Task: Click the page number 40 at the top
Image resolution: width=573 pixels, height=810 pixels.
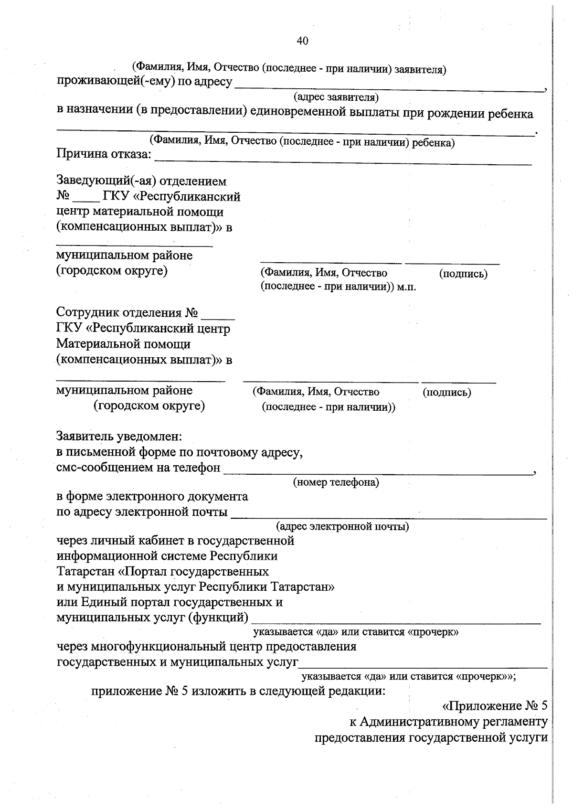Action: pos(302,41)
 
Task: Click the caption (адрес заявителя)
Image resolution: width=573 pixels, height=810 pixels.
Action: pos(336,98)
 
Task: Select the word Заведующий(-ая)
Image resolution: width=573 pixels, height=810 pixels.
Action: pos(106,181)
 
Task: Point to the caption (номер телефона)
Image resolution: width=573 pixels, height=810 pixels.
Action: pos(336,482)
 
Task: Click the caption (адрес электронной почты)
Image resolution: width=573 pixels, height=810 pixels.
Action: pos(342,527)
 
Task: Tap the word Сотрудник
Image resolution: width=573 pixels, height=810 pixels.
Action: pos(88,313)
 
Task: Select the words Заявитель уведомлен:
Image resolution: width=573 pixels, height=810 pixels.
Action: pos(119,437)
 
